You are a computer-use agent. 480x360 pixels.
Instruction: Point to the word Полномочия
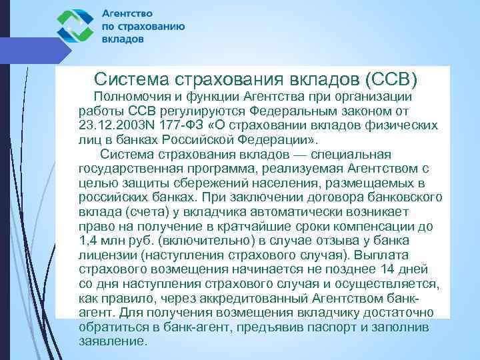click(134, 97)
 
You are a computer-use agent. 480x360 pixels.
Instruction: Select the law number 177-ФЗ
click(177, 125)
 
